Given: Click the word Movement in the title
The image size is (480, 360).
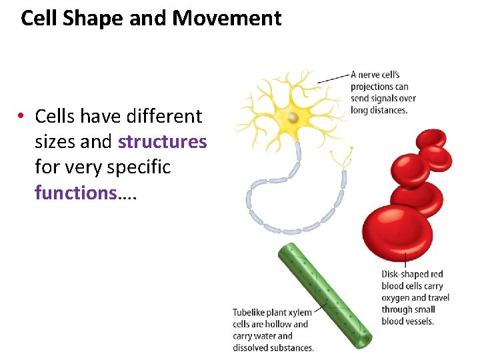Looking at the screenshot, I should pyautogui.click(x=227, y=18).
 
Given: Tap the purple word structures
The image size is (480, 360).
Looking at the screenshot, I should pyautogui.click(x=162, y=141).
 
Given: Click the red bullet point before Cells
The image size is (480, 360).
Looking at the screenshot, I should pyautogui.click(x=23, y=117).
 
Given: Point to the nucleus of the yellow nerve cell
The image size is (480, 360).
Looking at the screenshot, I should pyautogui.click(x=292, y=118).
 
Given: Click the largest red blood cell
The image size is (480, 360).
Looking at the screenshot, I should pyautogui.click(x=397, y=233).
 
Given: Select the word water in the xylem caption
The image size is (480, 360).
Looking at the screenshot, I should pyautogui.click(x=263, y=336).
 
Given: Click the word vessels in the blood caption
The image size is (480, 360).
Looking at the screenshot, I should pyautogui.click(x=419, y=321).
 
